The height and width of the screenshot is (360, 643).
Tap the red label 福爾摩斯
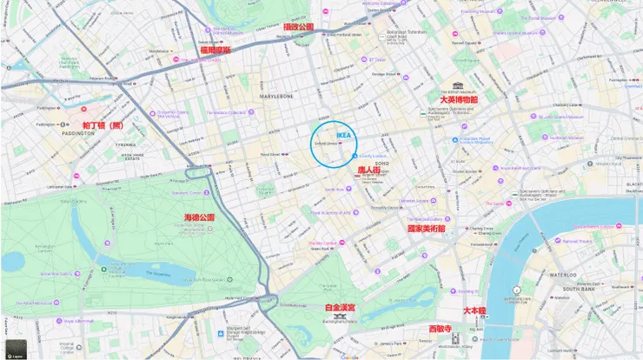(215, 50)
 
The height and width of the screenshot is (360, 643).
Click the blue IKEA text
(343, 136)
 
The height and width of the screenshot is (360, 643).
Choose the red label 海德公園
(199, 217)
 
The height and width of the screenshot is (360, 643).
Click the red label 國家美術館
(426, 229)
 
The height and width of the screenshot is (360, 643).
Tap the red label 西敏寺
(441, 329)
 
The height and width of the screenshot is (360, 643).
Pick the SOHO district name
(381, 163)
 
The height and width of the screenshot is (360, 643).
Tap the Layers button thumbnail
(16, 349)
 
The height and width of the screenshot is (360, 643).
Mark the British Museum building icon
(457, 86)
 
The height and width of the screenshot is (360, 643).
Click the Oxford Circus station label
(325, 144)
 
